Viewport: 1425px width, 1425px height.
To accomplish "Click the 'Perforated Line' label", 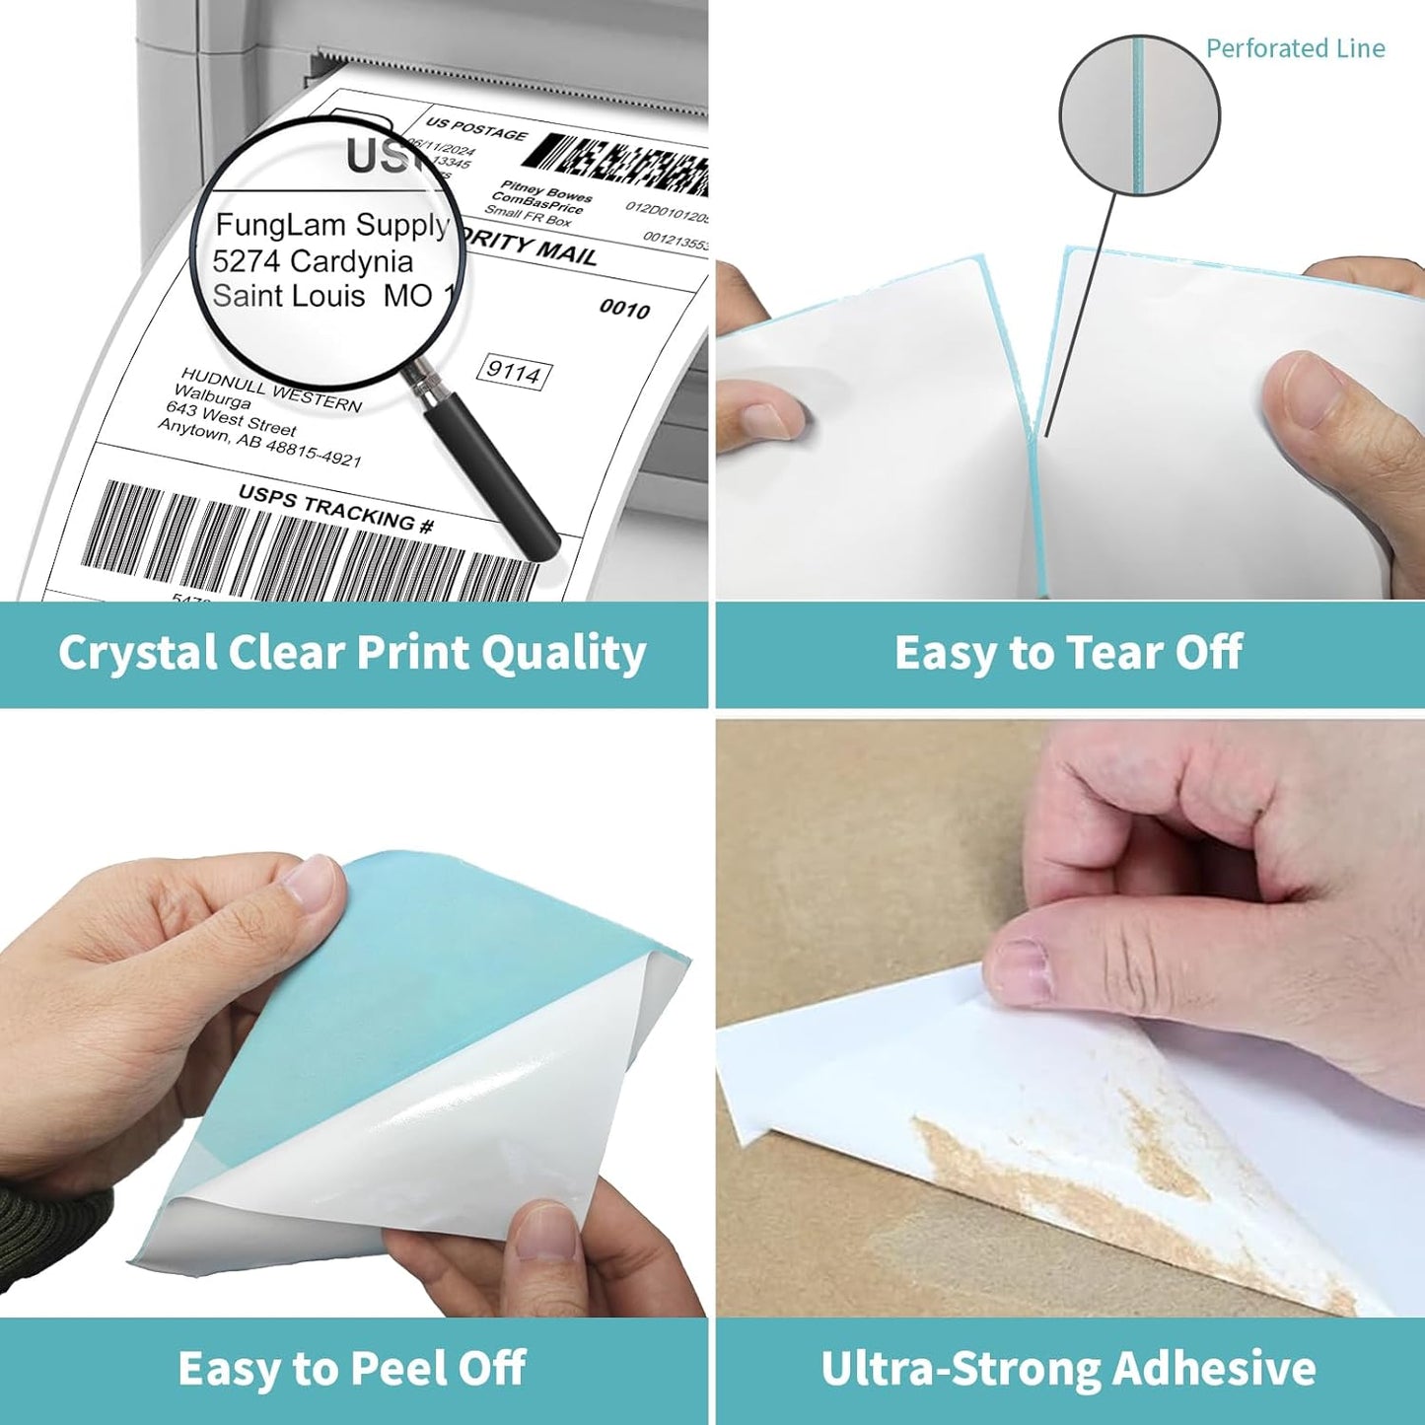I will (1294, 48).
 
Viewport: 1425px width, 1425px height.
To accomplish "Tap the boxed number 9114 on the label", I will (514, 372).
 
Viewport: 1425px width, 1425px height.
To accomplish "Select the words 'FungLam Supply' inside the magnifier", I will (331, 226).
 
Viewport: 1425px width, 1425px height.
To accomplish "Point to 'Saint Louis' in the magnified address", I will (288, 296).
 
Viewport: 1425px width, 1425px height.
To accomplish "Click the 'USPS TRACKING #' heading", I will (335, 509).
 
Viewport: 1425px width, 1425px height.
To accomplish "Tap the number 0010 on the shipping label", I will (624, 310).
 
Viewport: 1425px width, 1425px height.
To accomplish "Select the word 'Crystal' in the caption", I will (136, 654).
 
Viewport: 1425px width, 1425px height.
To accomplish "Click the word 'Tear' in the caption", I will (1110, 653).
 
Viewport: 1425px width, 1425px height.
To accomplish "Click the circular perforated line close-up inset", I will (1139, 116).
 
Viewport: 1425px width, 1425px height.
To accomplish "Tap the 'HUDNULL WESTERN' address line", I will (271, 390).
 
